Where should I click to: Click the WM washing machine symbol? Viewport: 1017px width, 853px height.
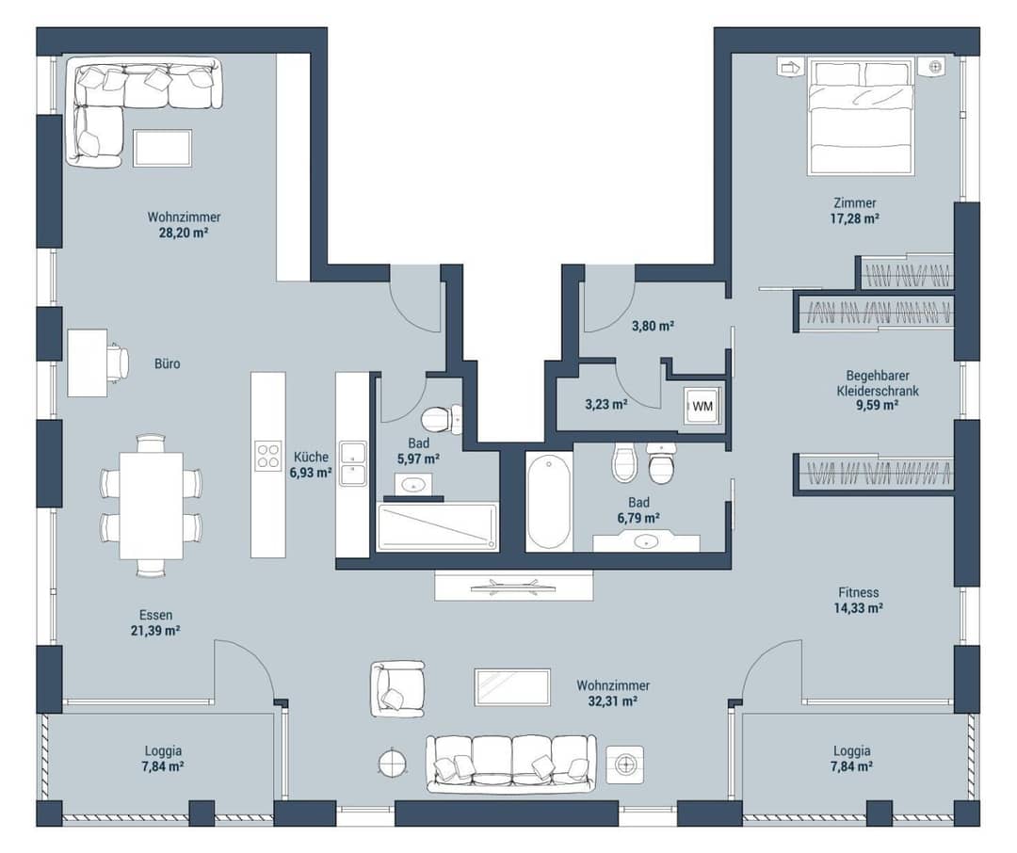702,406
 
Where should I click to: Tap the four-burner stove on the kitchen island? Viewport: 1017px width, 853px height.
267,455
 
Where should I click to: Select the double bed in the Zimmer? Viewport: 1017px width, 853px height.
861,117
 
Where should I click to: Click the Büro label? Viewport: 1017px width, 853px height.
168,364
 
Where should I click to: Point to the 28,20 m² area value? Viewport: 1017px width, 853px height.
184,233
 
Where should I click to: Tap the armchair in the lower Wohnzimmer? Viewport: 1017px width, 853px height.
397,689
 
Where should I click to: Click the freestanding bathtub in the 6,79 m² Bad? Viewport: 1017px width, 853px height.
549,502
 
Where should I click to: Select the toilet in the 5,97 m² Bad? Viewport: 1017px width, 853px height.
441,418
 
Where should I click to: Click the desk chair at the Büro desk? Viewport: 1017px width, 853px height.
119,362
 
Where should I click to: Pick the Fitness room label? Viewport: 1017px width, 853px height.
858,592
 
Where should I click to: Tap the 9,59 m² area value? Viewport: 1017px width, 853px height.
877,406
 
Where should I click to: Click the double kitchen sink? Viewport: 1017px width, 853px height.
352,464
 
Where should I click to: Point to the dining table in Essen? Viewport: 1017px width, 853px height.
151,506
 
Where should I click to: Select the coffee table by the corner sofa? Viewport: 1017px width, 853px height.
162,148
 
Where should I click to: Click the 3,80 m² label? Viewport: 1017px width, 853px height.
653,327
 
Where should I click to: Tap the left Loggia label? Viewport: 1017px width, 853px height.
163,751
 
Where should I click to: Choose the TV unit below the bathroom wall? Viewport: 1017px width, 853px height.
514,586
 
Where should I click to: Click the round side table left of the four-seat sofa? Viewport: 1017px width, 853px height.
393,762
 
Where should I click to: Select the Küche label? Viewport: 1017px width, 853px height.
311,457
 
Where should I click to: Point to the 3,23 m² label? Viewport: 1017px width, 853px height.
605,405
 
